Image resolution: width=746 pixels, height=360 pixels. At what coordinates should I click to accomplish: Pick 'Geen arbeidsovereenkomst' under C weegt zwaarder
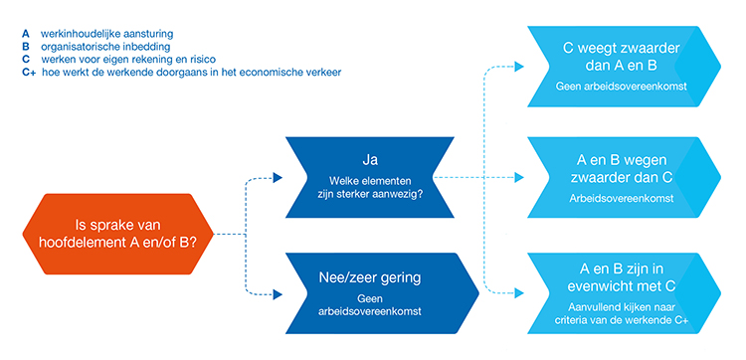click(609, 87)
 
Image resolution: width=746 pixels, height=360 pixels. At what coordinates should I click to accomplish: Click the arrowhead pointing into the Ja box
click(278, 178)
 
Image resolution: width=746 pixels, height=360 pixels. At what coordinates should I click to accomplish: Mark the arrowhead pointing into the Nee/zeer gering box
click(278, 293)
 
